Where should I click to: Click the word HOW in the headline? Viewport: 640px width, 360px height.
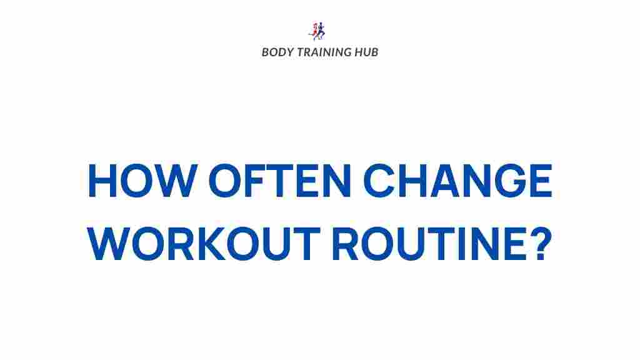click(142, 181)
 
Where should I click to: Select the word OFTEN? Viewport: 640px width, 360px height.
click(280, 181)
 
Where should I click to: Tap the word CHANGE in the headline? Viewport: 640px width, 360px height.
click(457, 181)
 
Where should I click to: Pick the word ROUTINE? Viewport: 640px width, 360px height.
click(429, 244)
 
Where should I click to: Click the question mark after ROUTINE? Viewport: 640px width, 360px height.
click(541, 244)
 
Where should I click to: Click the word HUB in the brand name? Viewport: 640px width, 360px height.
click(366, 52)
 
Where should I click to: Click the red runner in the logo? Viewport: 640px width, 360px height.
click(315, 31)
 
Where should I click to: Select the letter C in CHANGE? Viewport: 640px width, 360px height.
click(378, 181)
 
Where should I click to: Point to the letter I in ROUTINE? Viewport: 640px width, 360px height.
click(462, 244)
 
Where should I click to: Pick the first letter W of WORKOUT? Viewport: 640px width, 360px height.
click(109, 244)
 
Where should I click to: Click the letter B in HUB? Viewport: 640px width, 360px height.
click(374, 52)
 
